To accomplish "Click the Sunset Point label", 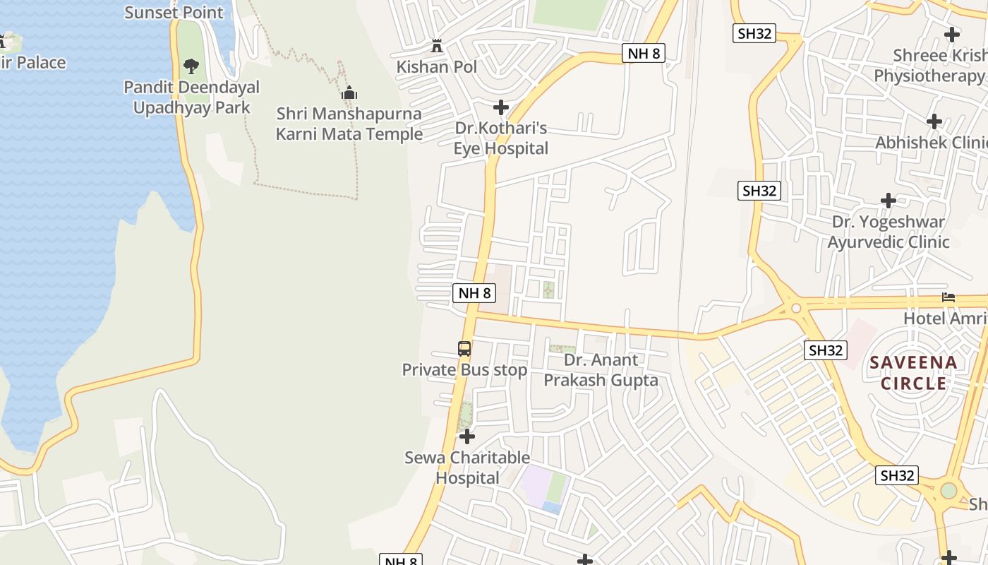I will (174, 12).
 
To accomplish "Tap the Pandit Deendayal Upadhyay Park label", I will (191, 97).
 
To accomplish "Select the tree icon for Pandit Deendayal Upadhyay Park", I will (191, 66).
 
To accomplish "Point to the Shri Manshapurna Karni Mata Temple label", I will (349, 124).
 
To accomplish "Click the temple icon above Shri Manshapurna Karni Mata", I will (349, 93).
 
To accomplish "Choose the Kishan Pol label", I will (437, 67).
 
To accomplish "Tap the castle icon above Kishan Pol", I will (437, 47).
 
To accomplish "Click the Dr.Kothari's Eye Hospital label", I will (501, 138).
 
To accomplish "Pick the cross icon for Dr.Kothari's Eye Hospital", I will (501, 107).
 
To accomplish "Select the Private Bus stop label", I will (464, 370).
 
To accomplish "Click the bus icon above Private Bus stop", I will (464, 348).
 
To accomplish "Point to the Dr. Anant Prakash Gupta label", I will (601, 370).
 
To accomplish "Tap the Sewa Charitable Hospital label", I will (467, 468).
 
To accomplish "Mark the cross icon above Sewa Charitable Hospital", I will (467, 436).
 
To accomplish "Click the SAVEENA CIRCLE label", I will (914, 373).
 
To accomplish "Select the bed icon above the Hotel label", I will (948, 298).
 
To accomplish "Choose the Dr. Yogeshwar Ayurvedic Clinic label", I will (888, 232).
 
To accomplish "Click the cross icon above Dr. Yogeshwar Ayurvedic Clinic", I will (888, 201).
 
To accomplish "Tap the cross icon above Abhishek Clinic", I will (934, 121).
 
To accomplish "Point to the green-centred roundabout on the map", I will (948, 490).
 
